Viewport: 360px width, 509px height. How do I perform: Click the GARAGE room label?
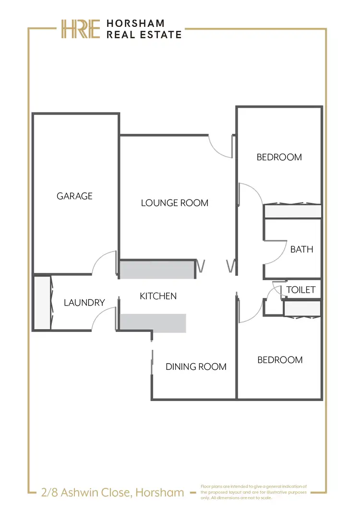click(74, 196)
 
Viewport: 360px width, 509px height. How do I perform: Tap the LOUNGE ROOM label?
click(175, 203)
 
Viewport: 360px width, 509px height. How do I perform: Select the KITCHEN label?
click(158, 296)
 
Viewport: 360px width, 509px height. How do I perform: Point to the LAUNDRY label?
click(84, 303)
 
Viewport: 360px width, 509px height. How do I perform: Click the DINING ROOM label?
click(196, 367)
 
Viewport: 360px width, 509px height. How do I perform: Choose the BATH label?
click(301, 249)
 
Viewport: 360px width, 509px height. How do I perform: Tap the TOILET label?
click(301, 290)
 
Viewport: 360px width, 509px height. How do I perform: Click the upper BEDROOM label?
click(279, 157)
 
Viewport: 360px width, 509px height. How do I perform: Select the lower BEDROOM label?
click(280, 360)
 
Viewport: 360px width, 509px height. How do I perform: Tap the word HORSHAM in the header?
click(135, 24)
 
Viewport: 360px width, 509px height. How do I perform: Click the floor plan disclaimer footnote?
click(253, 492)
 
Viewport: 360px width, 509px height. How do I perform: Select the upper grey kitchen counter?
click(157, 270)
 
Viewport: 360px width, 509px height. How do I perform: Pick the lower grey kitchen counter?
click(153, 323)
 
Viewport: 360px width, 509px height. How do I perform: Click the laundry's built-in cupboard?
click(42, 303)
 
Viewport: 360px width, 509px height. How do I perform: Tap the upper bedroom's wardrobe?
click(293, 211)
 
